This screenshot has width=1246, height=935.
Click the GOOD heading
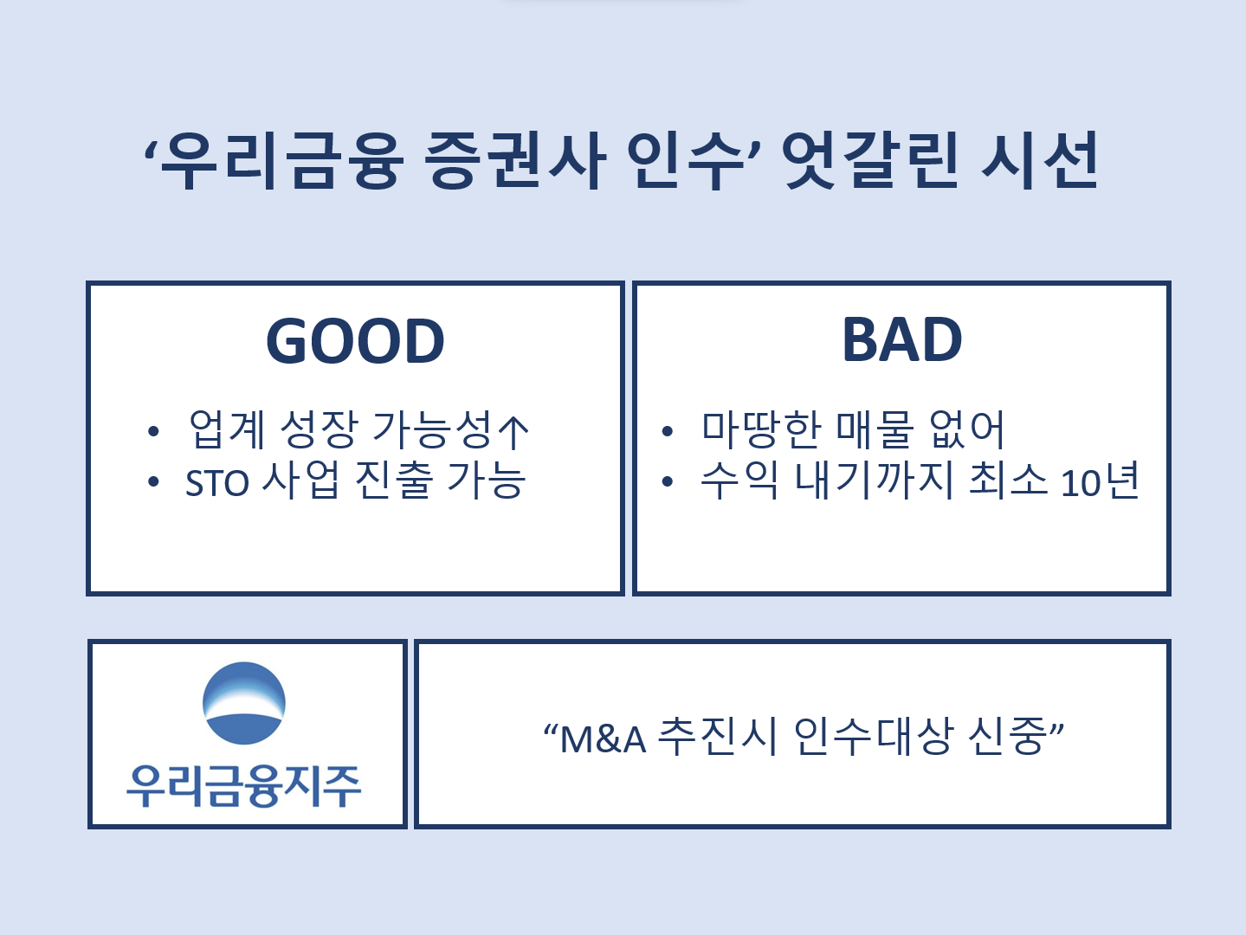pos(355,341)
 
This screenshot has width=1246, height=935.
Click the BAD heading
pos(902,339)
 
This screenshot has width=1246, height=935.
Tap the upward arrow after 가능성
pos(513,431)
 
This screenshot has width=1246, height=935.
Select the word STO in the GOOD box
pos(217,483)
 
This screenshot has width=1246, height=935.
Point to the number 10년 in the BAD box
pos(1100,480)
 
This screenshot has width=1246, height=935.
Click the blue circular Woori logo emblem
pos(244,703)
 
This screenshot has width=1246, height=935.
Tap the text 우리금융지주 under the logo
pos(243,786)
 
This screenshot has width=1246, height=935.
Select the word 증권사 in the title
pos(514,160)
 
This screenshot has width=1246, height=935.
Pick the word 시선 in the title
pos(1040,160)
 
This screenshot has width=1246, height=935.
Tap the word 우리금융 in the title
pos(282,160)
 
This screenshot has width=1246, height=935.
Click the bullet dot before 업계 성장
pos(153,431)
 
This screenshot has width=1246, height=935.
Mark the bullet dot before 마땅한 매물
pos(668,431)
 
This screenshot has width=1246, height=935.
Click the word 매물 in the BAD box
pos(875,429)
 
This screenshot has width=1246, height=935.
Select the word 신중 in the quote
pos(1007,737)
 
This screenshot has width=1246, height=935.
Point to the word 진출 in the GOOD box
pos(392,480)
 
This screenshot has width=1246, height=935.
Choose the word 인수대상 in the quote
pos(872,737)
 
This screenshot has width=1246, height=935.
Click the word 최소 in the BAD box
pos(1008,480)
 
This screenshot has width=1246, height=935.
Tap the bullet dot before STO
pos(153,481)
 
